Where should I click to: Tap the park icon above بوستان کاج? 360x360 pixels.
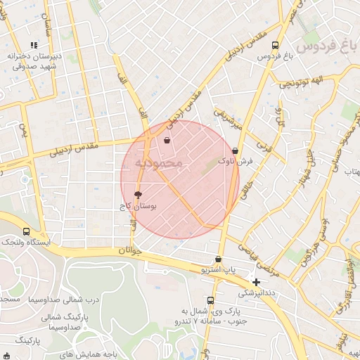point(138,194)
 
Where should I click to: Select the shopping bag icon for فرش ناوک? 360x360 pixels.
point(234,150)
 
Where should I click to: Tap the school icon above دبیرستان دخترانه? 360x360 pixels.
point(34,46)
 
